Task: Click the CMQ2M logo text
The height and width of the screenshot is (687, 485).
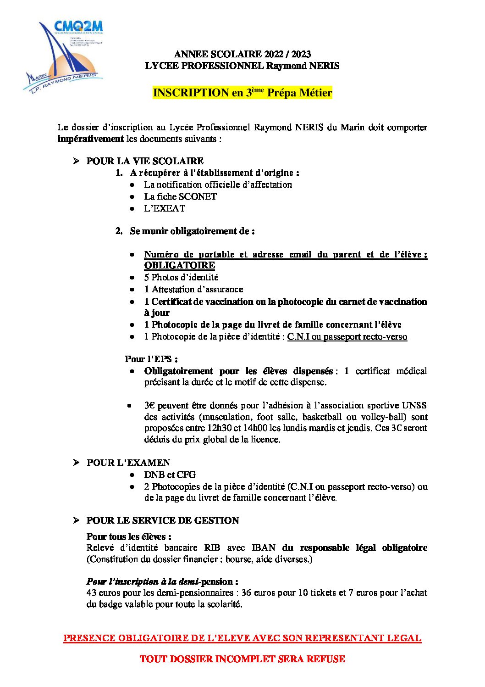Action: coord(78,26)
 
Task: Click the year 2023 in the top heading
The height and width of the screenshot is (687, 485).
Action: coord(301,54)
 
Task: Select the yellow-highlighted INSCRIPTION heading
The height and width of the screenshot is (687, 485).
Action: coord(242,93)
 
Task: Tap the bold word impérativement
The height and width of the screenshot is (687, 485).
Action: coord(90,139)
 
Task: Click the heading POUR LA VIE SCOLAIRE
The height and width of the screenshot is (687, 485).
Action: coord(145,161)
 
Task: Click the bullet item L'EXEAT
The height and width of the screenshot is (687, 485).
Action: coord(165,208)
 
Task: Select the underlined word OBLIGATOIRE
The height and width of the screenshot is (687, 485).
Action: coord(179,265)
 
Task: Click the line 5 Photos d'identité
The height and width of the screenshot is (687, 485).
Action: coord(181,277)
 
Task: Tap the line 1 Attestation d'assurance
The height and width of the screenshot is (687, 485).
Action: coord(193,289)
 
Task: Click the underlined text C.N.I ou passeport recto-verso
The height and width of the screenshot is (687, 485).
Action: coord(347,337)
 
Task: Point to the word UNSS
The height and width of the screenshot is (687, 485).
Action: coord(414,405)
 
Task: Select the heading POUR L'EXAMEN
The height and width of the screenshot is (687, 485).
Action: coord(128,463)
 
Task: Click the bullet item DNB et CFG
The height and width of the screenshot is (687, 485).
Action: coord(170,475)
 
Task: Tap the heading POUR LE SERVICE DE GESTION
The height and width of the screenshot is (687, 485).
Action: coord(163,520)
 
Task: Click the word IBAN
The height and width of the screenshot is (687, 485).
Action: coord(264,547)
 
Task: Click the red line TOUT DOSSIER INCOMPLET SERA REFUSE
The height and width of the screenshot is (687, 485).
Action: coord(242,659)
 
